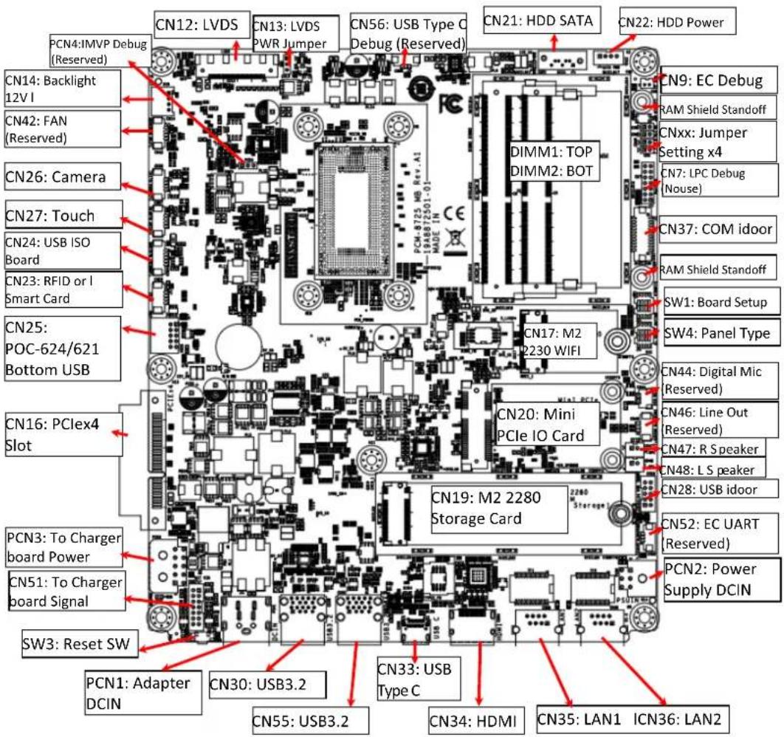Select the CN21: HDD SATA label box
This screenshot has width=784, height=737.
pos(539,21)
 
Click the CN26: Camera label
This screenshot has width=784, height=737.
pos(56,177)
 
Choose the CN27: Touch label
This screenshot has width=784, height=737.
pos(51,216)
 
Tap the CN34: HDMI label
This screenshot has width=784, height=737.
pos(472,718)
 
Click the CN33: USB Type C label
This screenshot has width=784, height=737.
pos(415,679)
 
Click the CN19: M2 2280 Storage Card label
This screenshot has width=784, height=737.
pos(498,508)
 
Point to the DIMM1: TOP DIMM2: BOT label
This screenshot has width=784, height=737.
pos(551,160)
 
